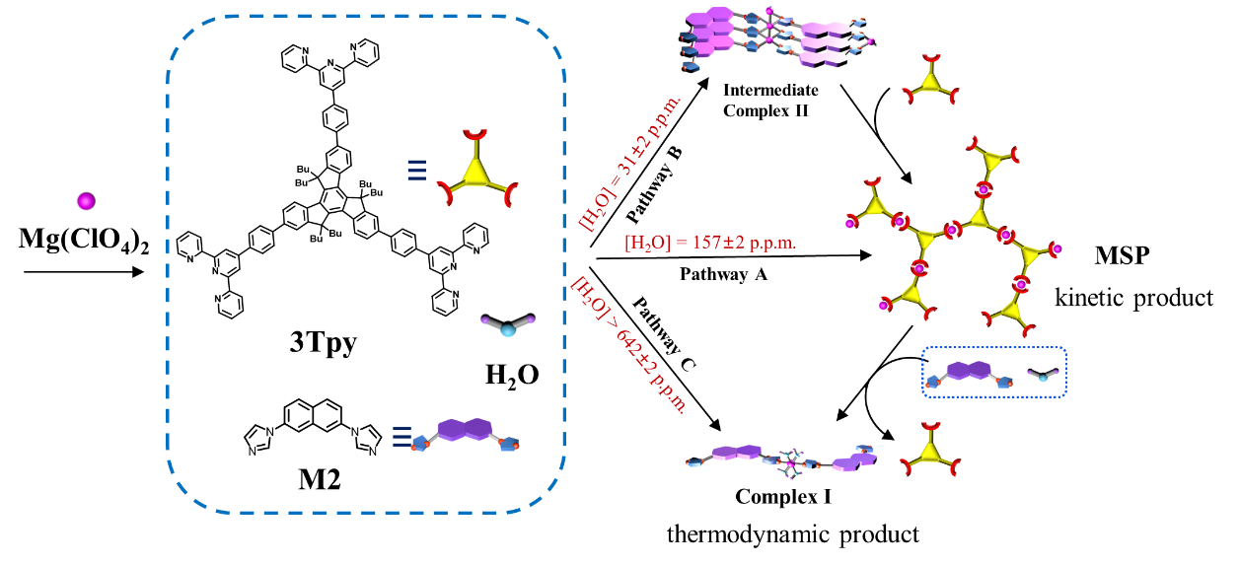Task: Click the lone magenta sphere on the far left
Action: coord(86,201)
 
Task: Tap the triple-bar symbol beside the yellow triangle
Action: coord(416,171)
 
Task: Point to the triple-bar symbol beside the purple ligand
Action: coord(401,436)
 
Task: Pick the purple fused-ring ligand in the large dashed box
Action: coord(465,430)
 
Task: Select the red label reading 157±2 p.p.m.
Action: coord(710,243)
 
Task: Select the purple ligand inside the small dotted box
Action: coord(968,372)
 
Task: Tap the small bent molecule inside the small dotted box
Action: coord(1043,376)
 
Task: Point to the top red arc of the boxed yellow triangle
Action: coord(475,133)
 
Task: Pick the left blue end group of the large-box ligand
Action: coord(419,445)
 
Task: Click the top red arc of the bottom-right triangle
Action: coord(929,427)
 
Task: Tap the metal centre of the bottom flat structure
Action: coord(789,461)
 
